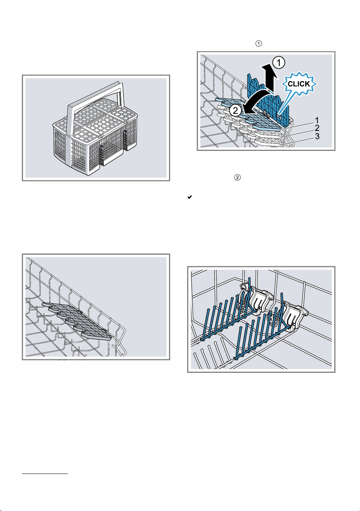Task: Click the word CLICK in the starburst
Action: click(x=299, y=84)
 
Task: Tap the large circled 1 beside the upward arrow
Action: click(x=279, y=63)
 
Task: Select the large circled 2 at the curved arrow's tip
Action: click(x=235, y=111)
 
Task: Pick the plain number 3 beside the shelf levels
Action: click(x=317, y=136)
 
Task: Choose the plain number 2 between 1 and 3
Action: click(x=317, y=128)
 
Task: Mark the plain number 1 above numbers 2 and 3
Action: click(x=317, y=120)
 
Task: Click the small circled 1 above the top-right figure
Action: click(x=259, y=44)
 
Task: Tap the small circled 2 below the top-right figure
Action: click(x=237, y=177)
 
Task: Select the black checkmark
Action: click(x=189, y=197)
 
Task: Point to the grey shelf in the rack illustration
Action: click(x=78, y=321)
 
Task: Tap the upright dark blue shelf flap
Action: click(x=269, y=98)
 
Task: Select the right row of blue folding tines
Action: click(x=262, y=331)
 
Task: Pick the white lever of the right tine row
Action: click(x=295, y=316)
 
